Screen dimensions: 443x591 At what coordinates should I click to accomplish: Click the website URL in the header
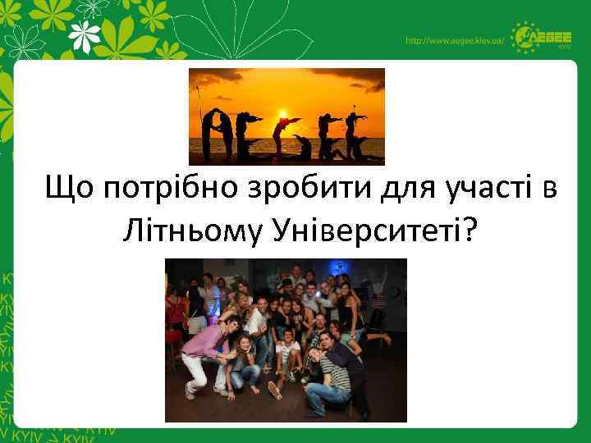[452, 41]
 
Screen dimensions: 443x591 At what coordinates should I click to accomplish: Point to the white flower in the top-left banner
[85, 35]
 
